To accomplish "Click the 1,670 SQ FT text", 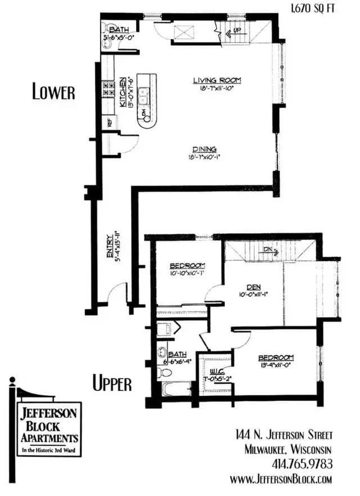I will click(x=316, y=8).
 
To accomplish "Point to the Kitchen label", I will click(x=121, y=93).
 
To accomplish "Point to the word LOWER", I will click(x=53, y=92).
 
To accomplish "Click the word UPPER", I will click(x=112, y=384).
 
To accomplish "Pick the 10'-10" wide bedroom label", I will click(x=187, y=269).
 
